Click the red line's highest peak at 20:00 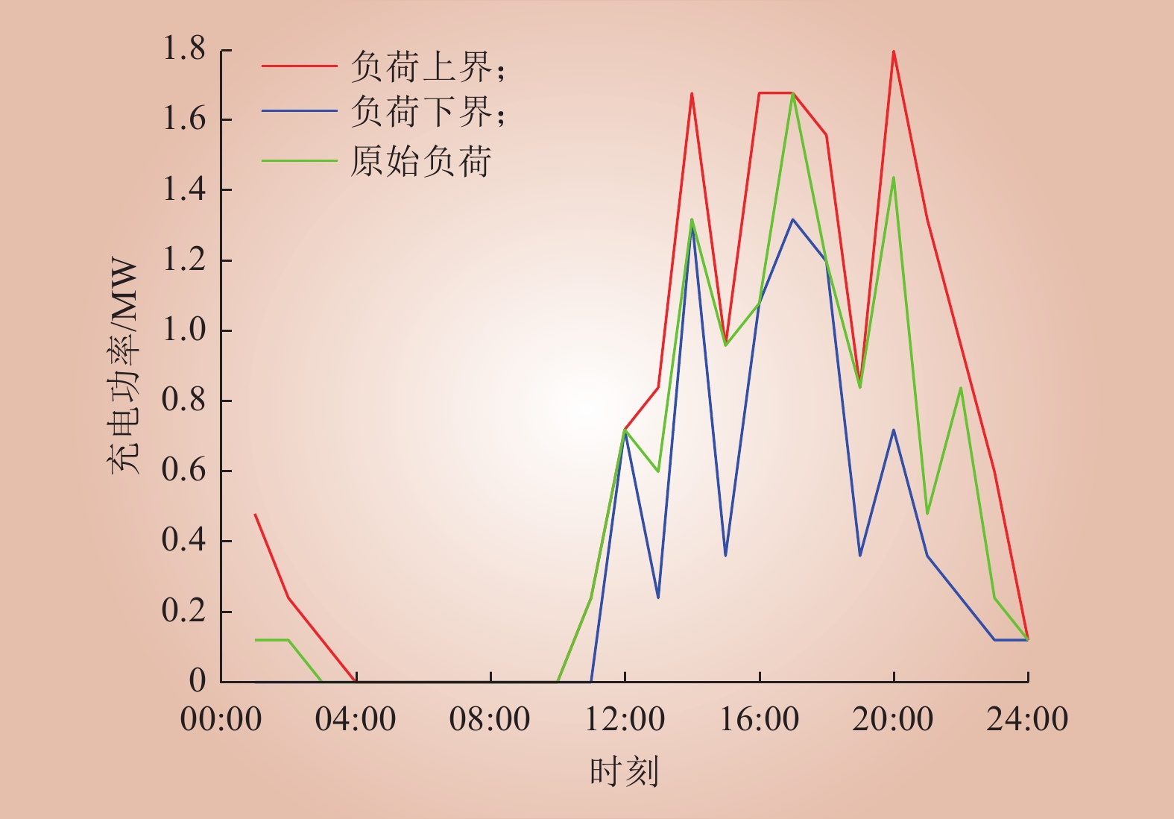894,51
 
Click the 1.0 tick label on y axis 184,330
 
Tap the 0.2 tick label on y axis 184,611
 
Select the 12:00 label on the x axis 625,718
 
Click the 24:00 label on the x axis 1027,718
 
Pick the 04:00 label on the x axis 356,718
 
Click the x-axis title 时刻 624,771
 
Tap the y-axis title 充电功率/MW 124,365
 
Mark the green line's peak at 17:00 793,94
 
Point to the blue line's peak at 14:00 692,227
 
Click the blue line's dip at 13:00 658,597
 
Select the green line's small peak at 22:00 961,388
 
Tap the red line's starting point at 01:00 255,515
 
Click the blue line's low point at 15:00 725,555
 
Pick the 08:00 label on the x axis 490,718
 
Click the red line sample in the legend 299,66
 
